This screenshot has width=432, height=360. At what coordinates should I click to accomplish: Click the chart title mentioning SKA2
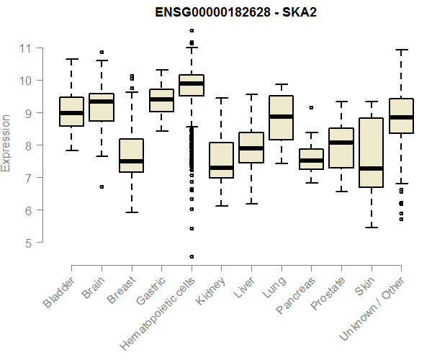pyautogui.click(x=237, y=13)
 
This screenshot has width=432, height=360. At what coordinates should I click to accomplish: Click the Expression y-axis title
pyautogui.click(x=6, y=143)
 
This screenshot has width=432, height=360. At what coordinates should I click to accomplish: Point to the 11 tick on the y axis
pyautogui.click(x=27, y=48)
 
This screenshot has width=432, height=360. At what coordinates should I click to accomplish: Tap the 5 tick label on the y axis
pyautogui.click(x=27, y=243)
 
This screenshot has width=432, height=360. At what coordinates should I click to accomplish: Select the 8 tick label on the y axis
pyautogui.click(x=27, y=145)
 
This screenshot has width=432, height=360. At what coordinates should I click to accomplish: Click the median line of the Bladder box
pyautogui.click(x=71, y=113)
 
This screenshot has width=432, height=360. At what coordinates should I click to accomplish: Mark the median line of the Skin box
pyautogui.click(x=370, y=168)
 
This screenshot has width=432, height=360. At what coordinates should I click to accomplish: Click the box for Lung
pyautogui.click(x=281, y=117)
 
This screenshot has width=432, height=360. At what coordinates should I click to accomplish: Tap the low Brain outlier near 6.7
pyautogui.click(x=102, y=186)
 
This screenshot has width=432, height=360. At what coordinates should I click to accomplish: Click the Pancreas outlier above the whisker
pyautogui.click(x=311, y=107)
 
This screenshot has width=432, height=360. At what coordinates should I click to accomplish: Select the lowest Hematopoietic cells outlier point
pyautogui.click(x=191, y=256)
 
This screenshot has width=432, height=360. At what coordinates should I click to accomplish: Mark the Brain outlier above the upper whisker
pyautogui.click(x=102, y=52)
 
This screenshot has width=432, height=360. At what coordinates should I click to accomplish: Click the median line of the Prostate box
pyautogui.click(x=341, y=143)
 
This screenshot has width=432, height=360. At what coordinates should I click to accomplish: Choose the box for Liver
pyautogui.click(x=251, y=147)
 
